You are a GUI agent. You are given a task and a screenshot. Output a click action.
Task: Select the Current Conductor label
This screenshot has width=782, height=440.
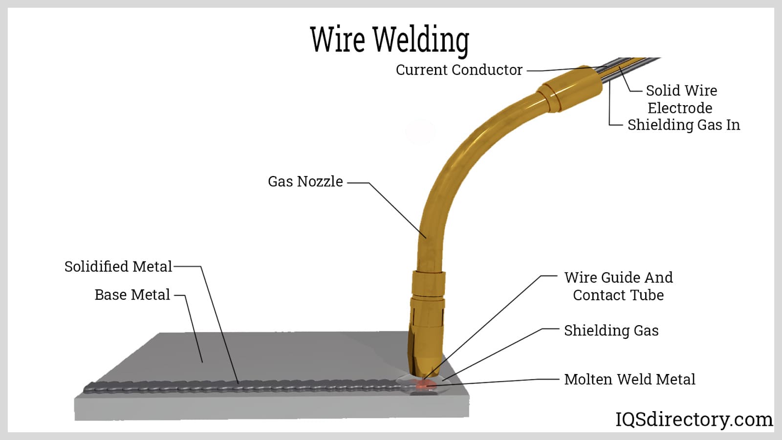[459, 70]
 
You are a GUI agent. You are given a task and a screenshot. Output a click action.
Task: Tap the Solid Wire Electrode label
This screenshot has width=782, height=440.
[681, 99]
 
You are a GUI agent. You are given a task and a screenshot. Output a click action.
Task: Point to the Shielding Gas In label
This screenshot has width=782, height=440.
[683, 125]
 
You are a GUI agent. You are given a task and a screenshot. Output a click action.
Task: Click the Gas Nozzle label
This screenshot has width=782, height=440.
[305, 181]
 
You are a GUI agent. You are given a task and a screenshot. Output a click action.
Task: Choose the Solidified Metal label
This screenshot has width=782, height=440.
[118, 266]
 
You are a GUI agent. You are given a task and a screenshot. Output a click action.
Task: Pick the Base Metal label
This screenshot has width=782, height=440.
[132, 295]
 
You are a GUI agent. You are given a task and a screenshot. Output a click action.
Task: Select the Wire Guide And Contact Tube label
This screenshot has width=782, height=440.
[618, 286]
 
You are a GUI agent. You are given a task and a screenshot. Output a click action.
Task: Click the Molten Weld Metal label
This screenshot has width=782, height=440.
[630, 379]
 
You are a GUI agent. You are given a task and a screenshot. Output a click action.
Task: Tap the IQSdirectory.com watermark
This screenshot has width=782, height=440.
[694, 419]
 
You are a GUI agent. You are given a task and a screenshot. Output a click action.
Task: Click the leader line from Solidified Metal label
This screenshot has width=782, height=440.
[220, 325]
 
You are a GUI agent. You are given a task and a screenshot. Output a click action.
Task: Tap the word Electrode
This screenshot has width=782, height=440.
[680, 108]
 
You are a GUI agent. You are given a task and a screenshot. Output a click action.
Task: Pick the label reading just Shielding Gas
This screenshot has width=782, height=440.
[611, 330]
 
